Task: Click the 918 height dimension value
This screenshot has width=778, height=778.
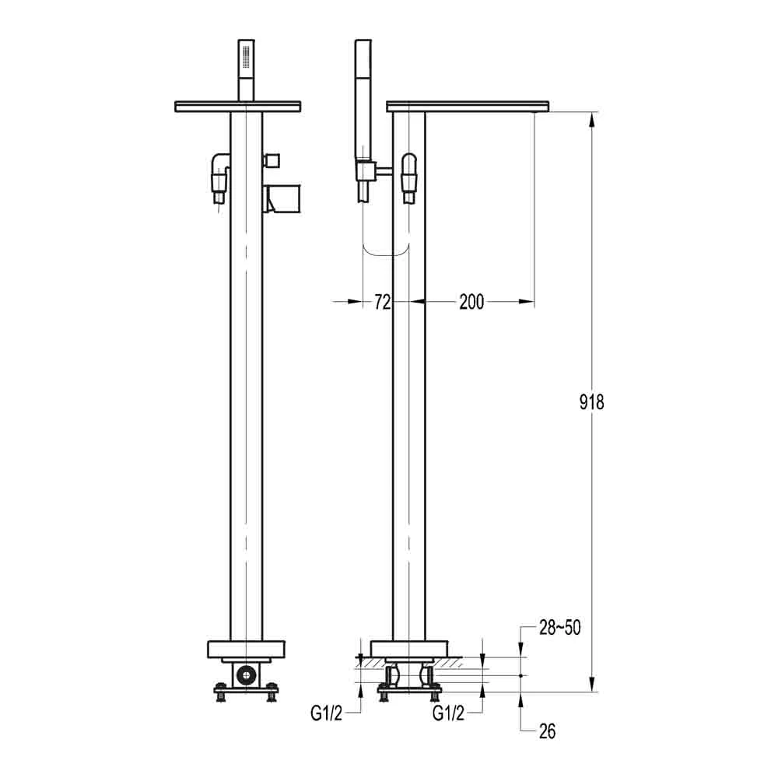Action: click(x=592, y=402)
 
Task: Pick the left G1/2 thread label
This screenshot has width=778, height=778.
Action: click(x=326, y=713)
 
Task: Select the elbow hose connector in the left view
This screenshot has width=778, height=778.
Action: click(x=219, y=173)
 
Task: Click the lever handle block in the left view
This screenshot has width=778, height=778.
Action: click(x=281, y=198)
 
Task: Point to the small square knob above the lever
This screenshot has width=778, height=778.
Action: click(x=272, y=160)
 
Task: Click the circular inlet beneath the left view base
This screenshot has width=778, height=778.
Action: click(x=247, y=674)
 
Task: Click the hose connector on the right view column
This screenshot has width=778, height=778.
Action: click(x=408, y=175)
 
